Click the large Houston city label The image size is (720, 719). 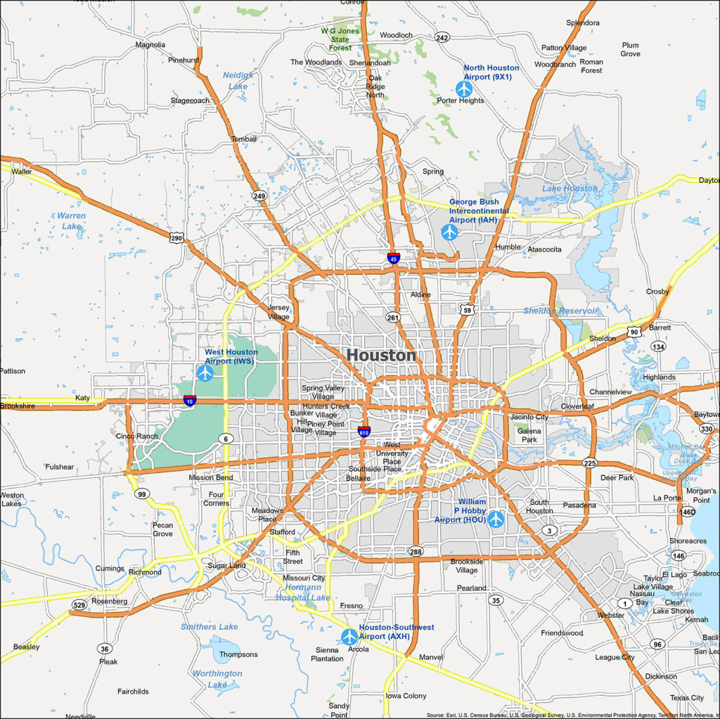381,356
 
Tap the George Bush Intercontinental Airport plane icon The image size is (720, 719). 449,232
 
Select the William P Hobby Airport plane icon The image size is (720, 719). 496,519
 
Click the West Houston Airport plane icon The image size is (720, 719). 205,373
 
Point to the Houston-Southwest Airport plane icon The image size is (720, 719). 349,637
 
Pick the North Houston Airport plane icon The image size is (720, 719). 463,89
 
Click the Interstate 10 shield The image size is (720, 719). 190,401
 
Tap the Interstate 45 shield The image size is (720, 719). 394,258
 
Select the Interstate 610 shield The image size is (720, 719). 364,432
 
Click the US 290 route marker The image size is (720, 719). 176,238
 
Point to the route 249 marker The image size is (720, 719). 260,196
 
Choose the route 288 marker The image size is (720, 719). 416,552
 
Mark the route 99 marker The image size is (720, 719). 143,494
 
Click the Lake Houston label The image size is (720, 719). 570,188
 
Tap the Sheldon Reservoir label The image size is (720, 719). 560,311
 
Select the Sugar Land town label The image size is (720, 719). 226,566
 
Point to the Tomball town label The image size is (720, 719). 244,139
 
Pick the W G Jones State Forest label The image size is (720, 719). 340,39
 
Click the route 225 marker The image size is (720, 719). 589,463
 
